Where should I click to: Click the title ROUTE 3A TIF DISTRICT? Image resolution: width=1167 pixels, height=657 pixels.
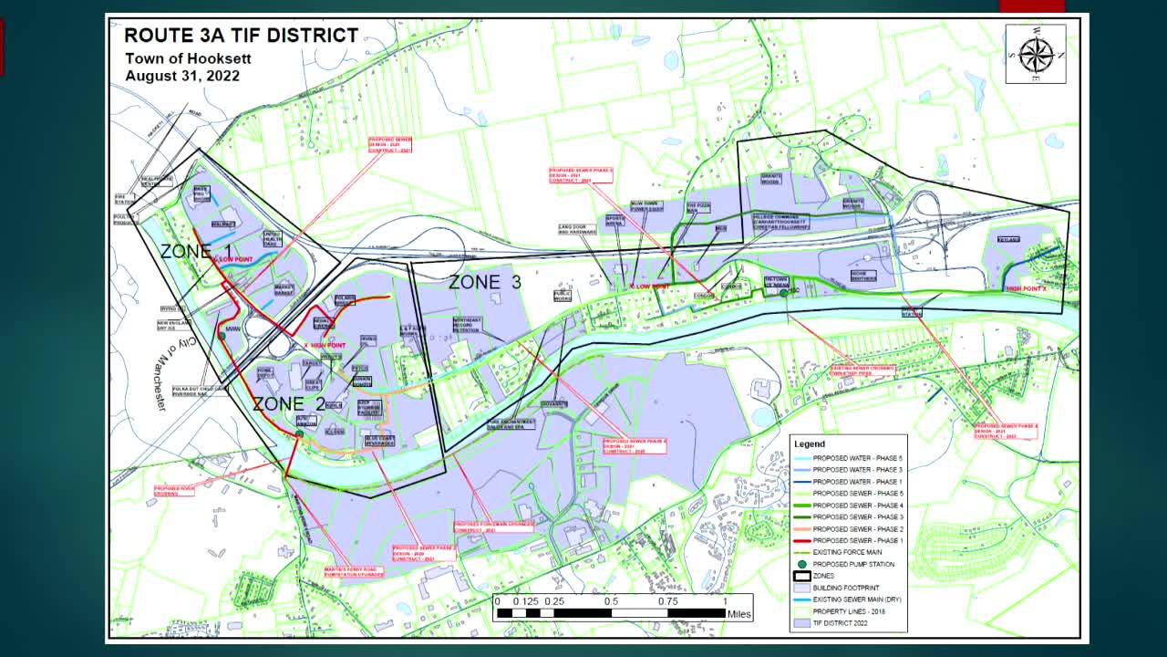(x=241, y=36)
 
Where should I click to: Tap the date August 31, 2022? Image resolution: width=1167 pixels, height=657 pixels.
(x=182, y=76)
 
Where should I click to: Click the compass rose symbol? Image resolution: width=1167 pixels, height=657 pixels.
(x=1036, y=54)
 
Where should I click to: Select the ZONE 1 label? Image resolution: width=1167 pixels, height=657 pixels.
(x=196, y=251)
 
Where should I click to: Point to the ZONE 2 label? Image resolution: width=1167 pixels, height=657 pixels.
(x=288, y=403)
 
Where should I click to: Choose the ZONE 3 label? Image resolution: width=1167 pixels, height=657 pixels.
(x=484, y=283)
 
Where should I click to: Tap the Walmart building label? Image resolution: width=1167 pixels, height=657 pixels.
(x=223, y=224)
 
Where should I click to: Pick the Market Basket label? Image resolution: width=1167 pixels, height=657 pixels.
(x=284, y=289)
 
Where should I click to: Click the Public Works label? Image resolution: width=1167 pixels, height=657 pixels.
(x=563, y=296)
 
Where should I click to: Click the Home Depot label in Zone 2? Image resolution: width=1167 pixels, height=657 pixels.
(x=265, y=372)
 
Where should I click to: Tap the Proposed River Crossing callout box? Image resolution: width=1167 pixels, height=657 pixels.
(x=174, y=491)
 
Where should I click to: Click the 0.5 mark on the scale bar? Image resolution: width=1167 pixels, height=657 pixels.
(x=611, y=601)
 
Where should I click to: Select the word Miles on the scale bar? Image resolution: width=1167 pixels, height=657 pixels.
(x=739, y=614)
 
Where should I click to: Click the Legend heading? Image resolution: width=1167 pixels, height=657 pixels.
(x=809, y=443)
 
